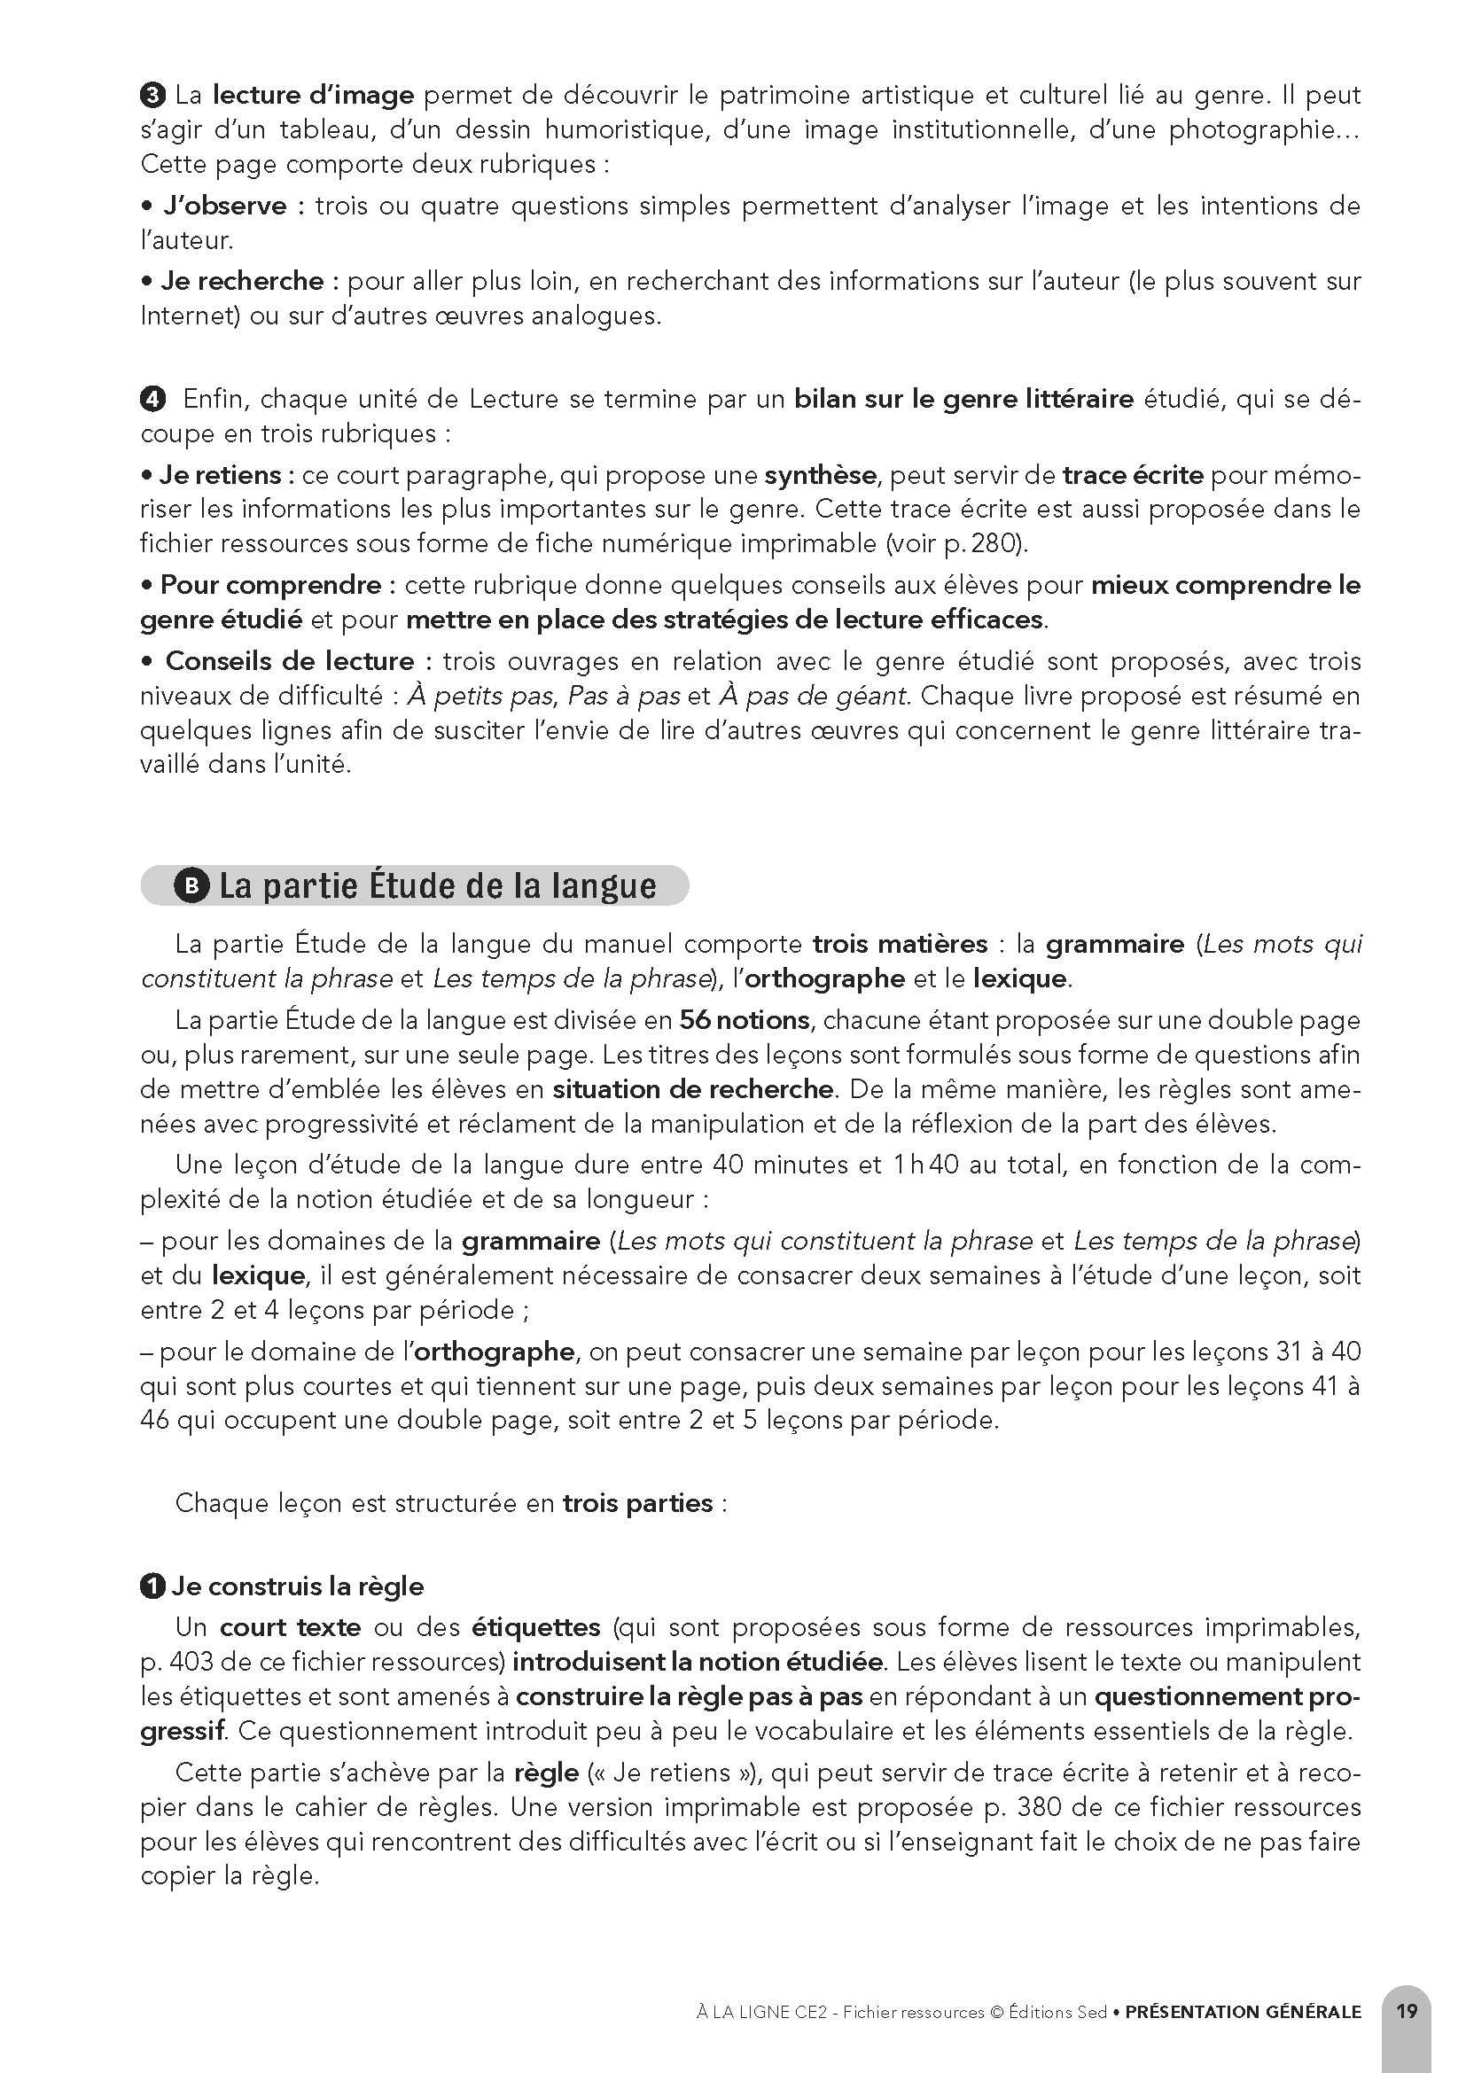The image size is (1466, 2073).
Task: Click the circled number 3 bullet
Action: point(152,94)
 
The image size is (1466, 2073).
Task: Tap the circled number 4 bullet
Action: point(153,398)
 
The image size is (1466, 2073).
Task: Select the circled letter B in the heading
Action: point(191,885)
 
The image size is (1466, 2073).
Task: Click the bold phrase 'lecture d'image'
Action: point(313,94)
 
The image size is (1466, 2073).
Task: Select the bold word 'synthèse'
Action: point(820,474)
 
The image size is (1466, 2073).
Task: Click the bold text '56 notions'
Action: point(744,1019)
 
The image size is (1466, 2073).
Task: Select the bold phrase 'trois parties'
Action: point(637,1502)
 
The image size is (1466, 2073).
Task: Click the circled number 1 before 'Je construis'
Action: point(152,1586)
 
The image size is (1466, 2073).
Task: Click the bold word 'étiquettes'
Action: point(535,1627)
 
